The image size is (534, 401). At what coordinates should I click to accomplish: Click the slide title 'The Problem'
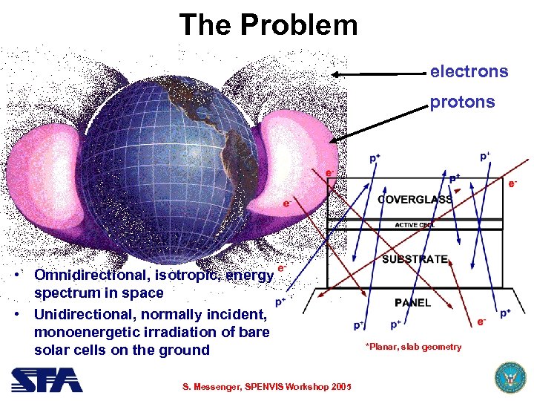coord(268,25)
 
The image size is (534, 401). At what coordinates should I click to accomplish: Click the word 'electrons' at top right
coord(469,72)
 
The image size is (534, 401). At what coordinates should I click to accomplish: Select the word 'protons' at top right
coord(461,102)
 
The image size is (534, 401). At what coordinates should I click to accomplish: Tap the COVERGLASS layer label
coord(415,200)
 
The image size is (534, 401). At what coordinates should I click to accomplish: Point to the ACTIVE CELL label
coord(415,224)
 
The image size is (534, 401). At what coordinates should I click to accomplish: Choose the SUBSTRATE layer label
coord(415,259)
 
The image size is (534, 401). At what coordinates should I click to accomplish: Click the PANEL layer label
coord(412,302)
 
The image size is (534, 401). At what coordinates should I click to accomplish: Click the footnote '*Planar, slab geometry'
coord(412,347)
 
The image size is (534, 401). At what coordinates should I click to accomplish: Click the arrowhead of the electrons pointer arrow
coord(335,74)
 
